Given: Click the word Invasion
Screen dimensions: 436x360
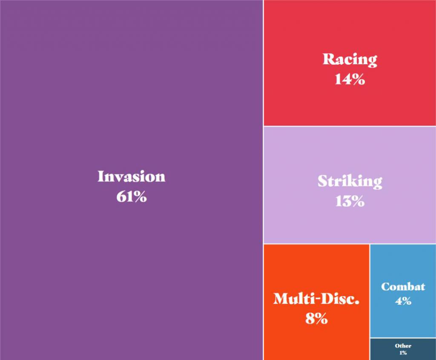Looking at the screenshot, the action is coord(132,176).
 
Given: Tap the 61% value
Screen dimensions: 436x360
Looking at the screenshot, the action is coord(132,196).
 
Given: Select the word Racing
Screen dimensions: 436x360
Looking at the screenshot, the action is coord(350,60).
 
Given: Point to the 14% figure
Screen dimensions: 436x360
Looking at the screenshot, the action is coord(350,79).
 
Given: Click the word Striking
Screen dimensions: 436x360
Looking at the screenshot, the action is coord(350,181).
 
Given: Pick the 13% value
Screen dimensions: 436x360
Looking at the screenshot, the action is coord(350,201).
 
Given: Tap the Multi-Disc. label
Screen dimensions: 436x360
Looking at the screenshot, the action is coord(316,299).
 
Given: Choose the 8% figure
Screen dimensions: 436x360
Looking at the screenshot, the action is coord(316,318).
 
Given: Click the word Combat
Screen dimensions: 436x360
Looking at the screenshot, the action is coord(403,287).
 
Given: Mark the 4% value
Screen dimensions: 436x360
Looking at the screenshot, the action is coord(403,301).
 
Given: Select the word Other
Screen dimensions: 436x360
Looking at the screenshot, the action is coord(403,346).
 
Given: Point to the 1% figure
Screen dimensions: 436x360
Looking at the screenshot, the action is coord(403,353).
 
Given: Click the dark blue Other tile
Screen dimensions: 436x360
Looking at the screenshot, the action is coord(403,349).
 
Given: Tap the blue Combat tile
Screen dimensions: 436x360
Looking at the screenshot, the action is coord(403,291).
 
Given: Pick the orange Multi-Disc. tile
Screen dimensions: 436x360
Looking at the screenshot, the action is coord(316,302).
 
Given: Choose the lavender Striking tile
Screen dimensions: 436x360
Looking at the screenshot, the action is coord(350,185).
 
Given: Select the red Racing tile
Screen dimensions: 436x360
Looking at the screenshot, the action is coord(350,63).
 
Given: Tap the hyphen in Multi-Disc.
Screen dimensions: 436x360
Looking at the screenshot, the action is coord(316,300).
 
